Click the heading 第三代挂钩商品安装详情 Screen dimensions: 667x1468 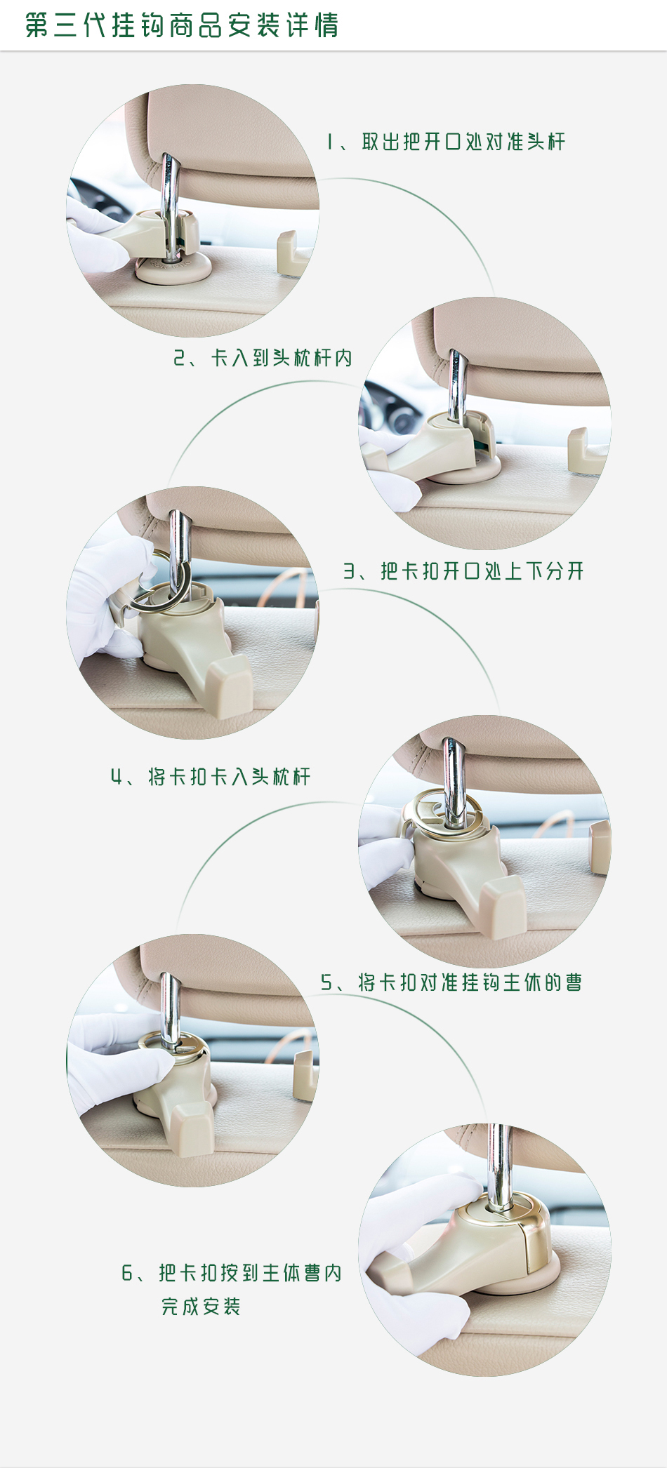click(182, 25)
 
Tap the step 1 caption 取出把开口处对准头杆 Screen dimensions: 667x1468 click(463, 142)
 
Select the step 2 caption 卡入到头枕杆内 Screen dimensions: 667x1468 click(282, 358)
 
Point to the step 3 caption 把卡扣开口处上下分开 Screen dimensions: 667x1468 click(482, 571)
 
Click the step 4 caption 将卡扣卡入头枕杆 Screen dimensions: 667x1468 click(229, 777)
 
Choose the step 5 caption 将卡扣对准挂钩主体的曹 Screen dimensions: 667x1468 click(470, 982)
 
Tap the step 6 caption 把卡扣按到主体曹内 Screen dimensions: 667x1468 click(250, 1273)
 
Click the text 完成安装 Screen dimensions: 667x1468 click(201, 1307)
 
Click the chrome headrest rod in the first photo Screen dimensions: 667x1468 click(169, 203)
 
